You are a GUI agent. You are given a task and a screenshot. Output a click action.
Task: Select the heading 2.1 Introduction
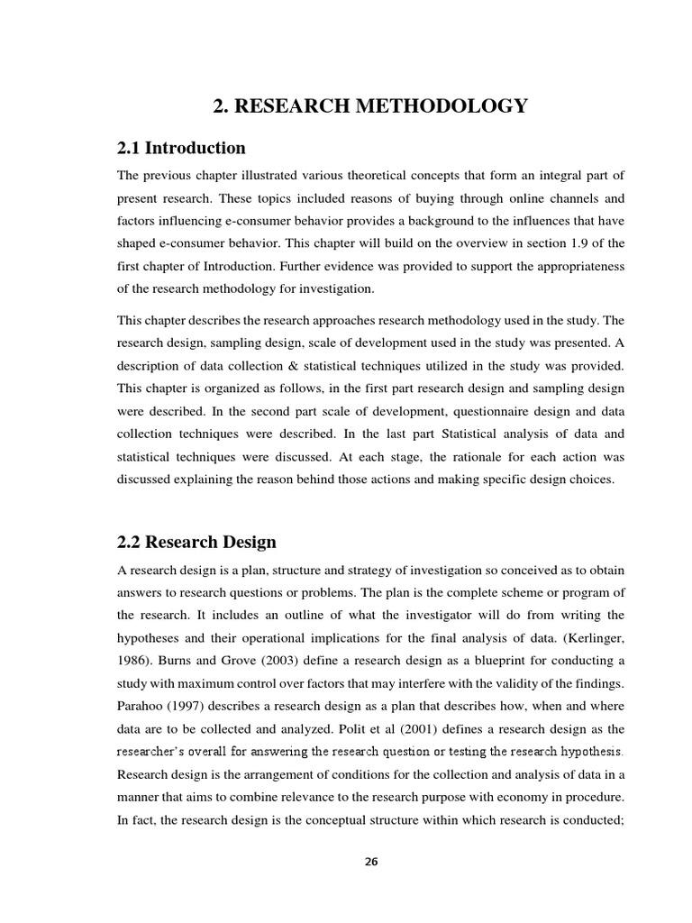(181, 147)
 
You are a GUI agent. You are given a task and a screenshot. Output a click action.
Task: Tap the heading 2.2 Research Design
(196, 542)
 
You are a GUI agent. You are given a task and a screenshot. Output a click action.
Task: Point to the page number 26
(371, 862)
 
